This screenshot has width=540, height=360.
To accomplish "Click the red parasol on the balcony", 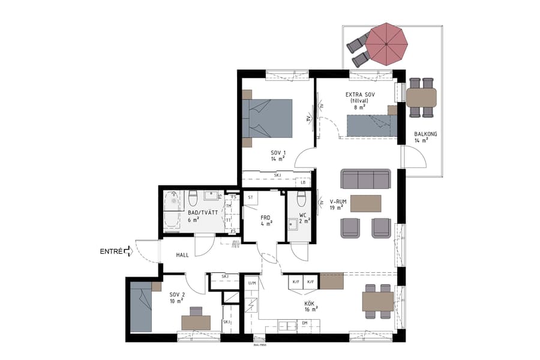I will click(387, 43).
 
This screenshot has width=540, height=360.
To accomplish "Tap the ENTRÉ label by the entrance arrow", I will click(111, 251).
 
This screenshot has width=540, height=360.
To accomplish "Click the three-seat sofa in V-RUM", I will click(366, 179).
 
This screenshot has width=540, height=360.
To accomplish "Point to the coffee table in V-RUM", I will click(366, 203).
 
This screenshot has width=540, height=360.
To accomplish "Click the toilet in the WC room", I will click(301, 199).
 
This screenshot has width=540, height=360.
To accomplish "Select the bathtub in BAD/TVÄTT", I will click(172, 211).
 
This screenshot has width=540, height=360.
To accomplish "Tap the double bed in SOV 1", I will click(267, 118).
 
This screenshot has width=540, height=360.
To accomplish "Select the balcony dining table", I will click(421, 97).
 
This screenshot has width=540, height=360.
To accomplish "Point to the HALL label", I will click(182, 255).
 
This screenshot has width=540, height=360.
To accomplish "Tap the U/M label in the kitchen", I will click(251, 282).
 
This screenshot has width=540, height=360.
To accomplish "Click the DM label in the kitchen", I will click(305, 323).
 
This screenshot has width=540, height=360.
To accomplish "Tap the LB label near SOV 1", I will click(304, 182).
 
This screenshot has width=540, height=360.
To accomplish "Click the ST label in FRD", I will click(250, 197).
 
